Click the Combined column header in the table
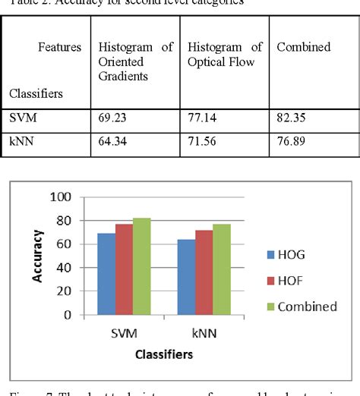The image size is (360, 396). coord(303,48)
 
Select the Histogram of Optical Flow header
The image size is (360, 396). coord(225,55)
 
